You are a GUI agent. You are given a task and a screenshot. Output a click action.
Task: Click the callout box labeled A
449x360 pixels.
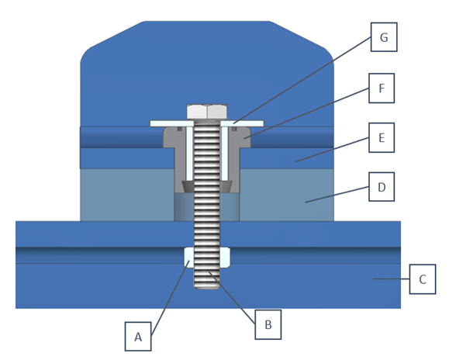coord(138,336)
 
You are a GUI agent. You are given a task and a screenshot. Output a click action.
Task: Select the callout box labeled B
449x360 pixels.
coord(268,324)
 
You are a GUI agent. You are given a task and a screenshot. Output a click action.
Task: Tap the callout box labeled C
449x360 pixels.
coord(423,279)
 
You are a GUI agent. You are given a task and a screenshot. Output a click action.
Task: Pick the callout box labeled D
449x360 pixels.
coord(382,187)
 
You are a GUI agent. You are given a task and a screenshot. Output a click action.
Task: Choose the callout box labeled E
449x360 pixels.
coord(382,137)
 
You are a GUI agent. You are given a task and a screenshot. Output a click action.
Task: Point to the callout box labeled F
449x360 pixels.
coord(382,88)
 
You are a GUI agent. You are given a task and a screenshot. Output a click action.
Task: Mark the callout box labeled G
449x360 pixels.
coord(384,37)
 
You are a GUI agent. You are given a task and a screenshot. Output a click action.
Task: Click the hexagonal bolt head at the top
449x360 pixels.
coord(207,112)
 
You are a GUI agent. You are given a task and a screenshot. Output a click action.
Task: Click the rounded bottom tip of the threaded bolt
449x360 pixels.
coord(207,286)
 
